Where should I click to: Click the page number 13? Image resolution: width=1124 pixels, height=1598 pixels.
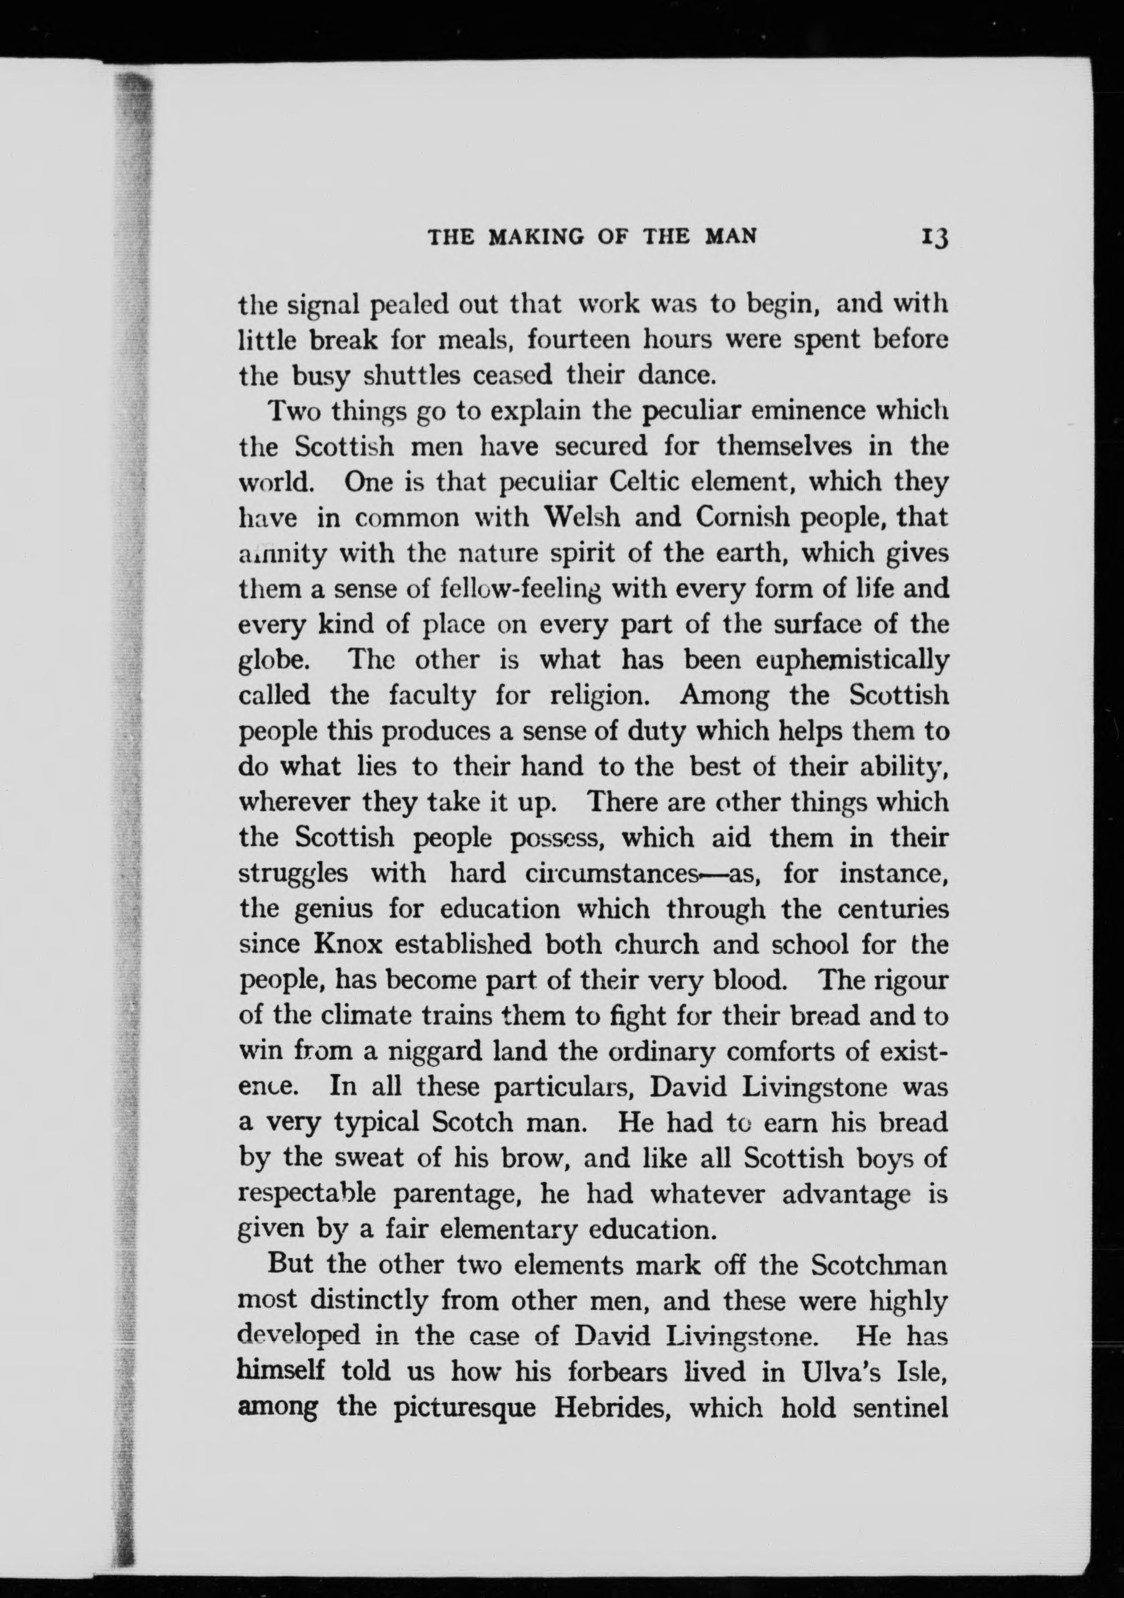pos(933,237)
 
